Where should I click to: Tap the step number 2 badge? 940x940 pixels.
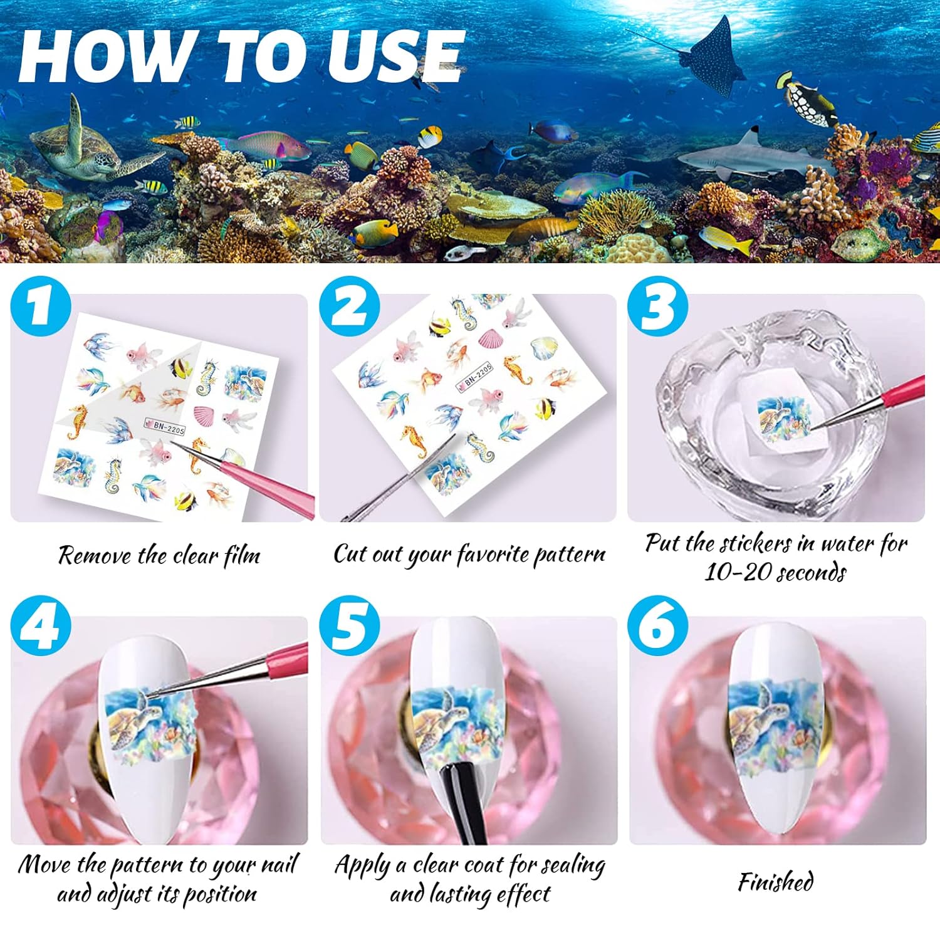(x=350, y=306)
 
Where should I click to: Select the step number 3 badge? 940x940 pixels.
(x=657, y=306)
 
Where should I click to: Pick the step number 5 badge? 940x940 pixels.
(x=350, y=626)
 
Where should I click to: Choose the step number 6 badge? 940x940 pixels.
(x=657, y=626)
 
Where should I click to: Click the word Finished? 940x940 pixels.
(x=776, y=882)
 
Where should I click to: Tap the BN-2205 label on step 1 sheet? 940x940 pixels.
(x=165, y=427)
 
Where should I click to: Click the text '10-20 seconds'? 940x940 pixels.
(x=776, y=572)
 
